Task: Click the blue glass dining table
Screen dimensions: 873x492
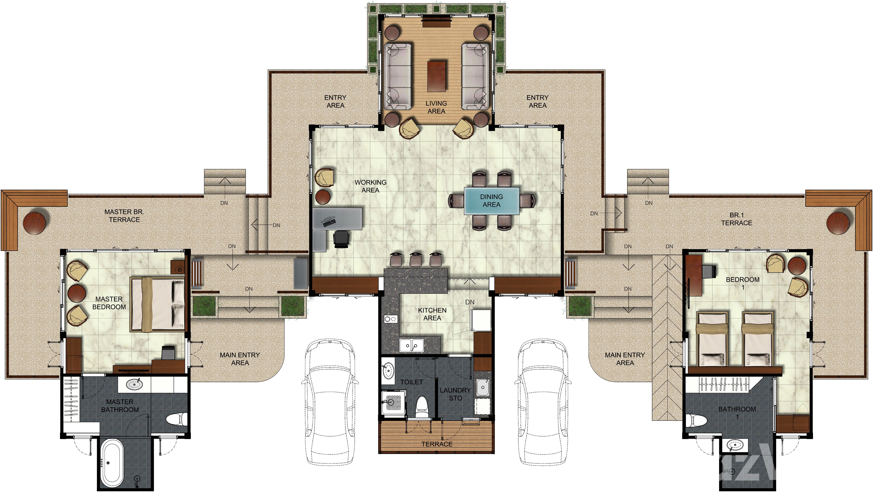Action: tap(491, 201)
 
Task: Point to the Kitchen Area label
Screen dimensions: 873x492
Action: tap(432, 314)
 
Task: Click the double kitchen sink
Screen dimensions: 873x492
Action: tap(411, 345)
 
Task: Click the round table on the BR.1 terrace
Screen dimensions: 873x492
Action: tap(838, 223)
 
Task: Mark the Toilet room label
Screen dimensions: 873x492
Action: tap(411, 382)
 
